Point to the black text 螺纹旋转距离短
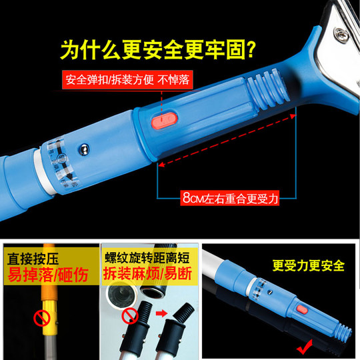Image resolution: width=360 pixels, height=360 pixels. (142, 257)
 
